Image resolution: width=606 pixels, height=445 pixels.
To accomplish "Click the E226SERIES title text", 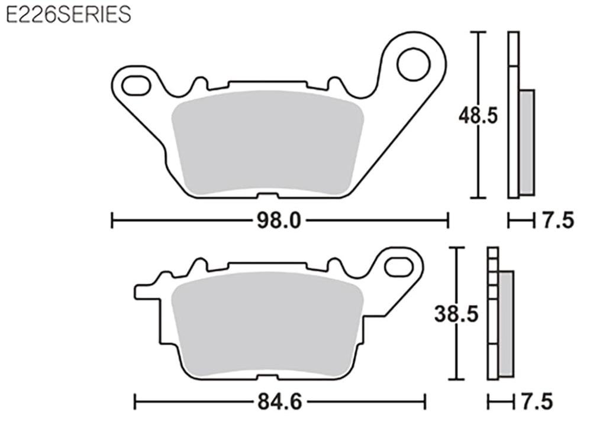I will [x=68, y=14].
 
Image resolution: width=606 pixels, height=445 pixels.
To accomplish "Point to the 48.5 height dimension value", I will [x=478, y=116].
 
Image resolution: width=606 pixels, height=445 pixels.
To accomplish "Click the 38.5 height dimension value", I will [x=456, y=314].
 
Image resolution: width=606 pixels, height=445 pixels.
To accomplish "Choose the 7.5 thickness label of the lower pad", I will [x=536, y=403].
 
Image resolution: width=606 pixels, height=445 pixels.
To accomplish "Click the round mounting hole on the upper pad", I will [x=413, y=64].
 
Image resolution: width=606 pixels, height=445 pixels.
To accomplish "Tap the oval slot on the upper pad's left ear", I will [x=136, y=85].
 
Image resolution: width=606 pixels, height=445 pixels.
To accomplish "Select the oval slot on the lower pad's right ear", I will [x=399, y=267].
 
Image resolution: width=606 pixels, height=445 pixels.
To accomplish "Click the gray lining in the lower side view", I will [x=506, y=324].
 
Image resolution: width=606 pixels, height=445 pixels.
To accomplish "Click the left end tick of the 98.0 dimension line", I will [x=112, y=221].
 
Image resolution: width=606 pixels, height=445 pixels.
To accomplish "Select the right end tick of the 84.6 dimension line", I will [x=424, y=403].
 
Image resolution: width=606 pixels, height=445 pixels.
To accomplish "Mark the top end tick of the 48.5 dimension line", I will [x=478, y=32].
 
